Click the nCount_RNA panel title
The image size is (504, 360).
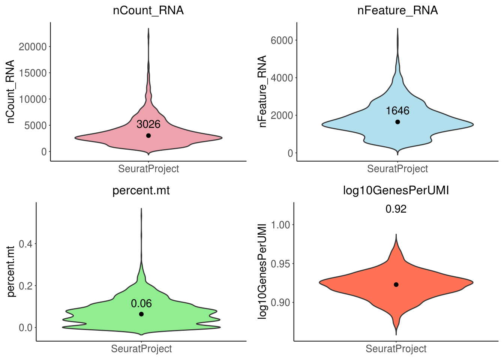[x=148, y=10]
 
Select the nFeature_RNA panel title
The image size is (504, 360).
[x=397, y=10]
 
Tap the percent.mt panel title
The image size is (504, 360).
[x=141, y=190]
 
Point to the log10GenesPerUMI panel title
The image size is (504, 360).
[x=396, y=190]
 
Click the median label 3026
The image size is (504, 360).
[x=148, y=124]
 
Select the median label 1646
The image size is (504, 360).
[x=397, y=111]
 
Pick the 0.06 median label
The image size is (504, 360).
[x=141, y=303]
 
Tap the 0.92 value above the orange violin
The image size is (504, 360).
[x=396, y=209]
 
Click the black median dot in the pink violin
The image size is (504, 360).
[x=148, y=135]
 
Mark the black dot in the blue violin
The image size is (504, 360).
[x=397, y=122]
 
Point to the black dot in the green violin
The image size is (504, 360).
[x=141, y=314]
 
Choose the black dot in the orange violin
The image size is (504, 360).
[x=396, y=285]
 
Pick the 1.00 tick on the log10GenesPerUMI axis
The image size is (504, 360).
[x=280, y=225]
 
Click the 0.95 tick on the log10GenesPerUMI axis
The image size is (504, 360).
[x=280, y=264]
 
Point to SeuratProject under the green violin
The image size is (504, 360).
[x=141, y=349]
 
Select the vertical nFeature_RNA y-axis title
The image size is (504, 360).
[x=262, y=91]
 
